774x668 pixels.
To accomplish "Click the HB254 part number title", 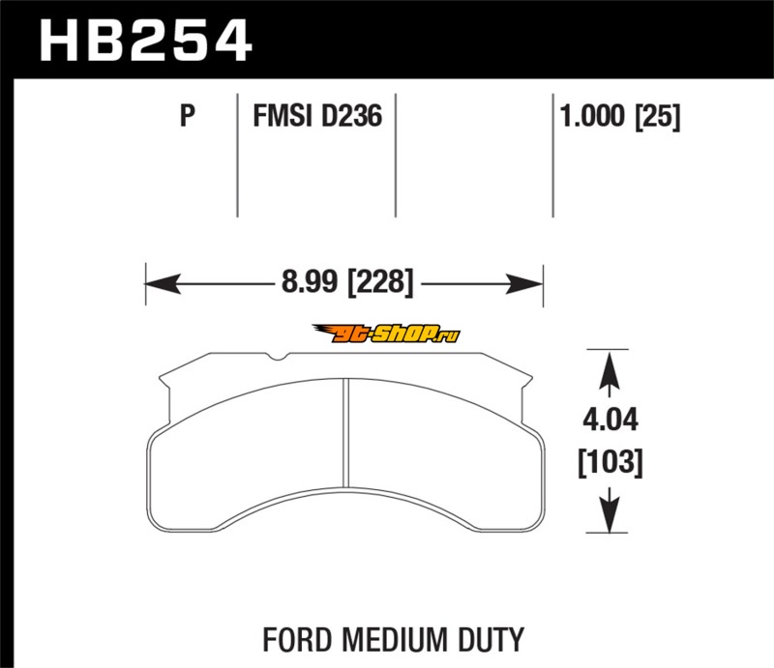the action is (146, 41).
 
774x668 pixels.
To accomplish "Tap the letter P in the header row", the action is (188, 116).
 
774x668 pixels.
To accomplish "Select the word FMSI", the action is (283, 116).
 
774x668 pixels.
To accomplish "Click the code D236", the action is (351, 116).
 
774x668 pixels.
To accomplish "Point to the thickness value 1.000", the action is (592, 116).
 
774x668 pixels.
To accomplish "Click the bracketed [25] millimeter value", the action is (658, 117).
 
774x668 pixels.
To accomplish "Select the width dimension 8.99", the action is (310, 282).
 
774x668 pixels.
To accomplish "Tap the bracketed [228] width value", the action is (380, 283).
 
